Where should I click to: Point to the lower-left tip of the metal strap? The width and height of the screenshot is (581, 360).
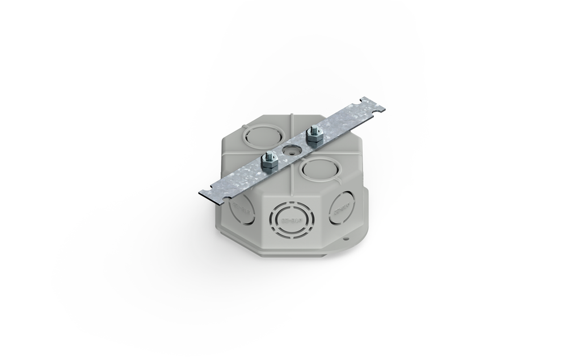[200, 193]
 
